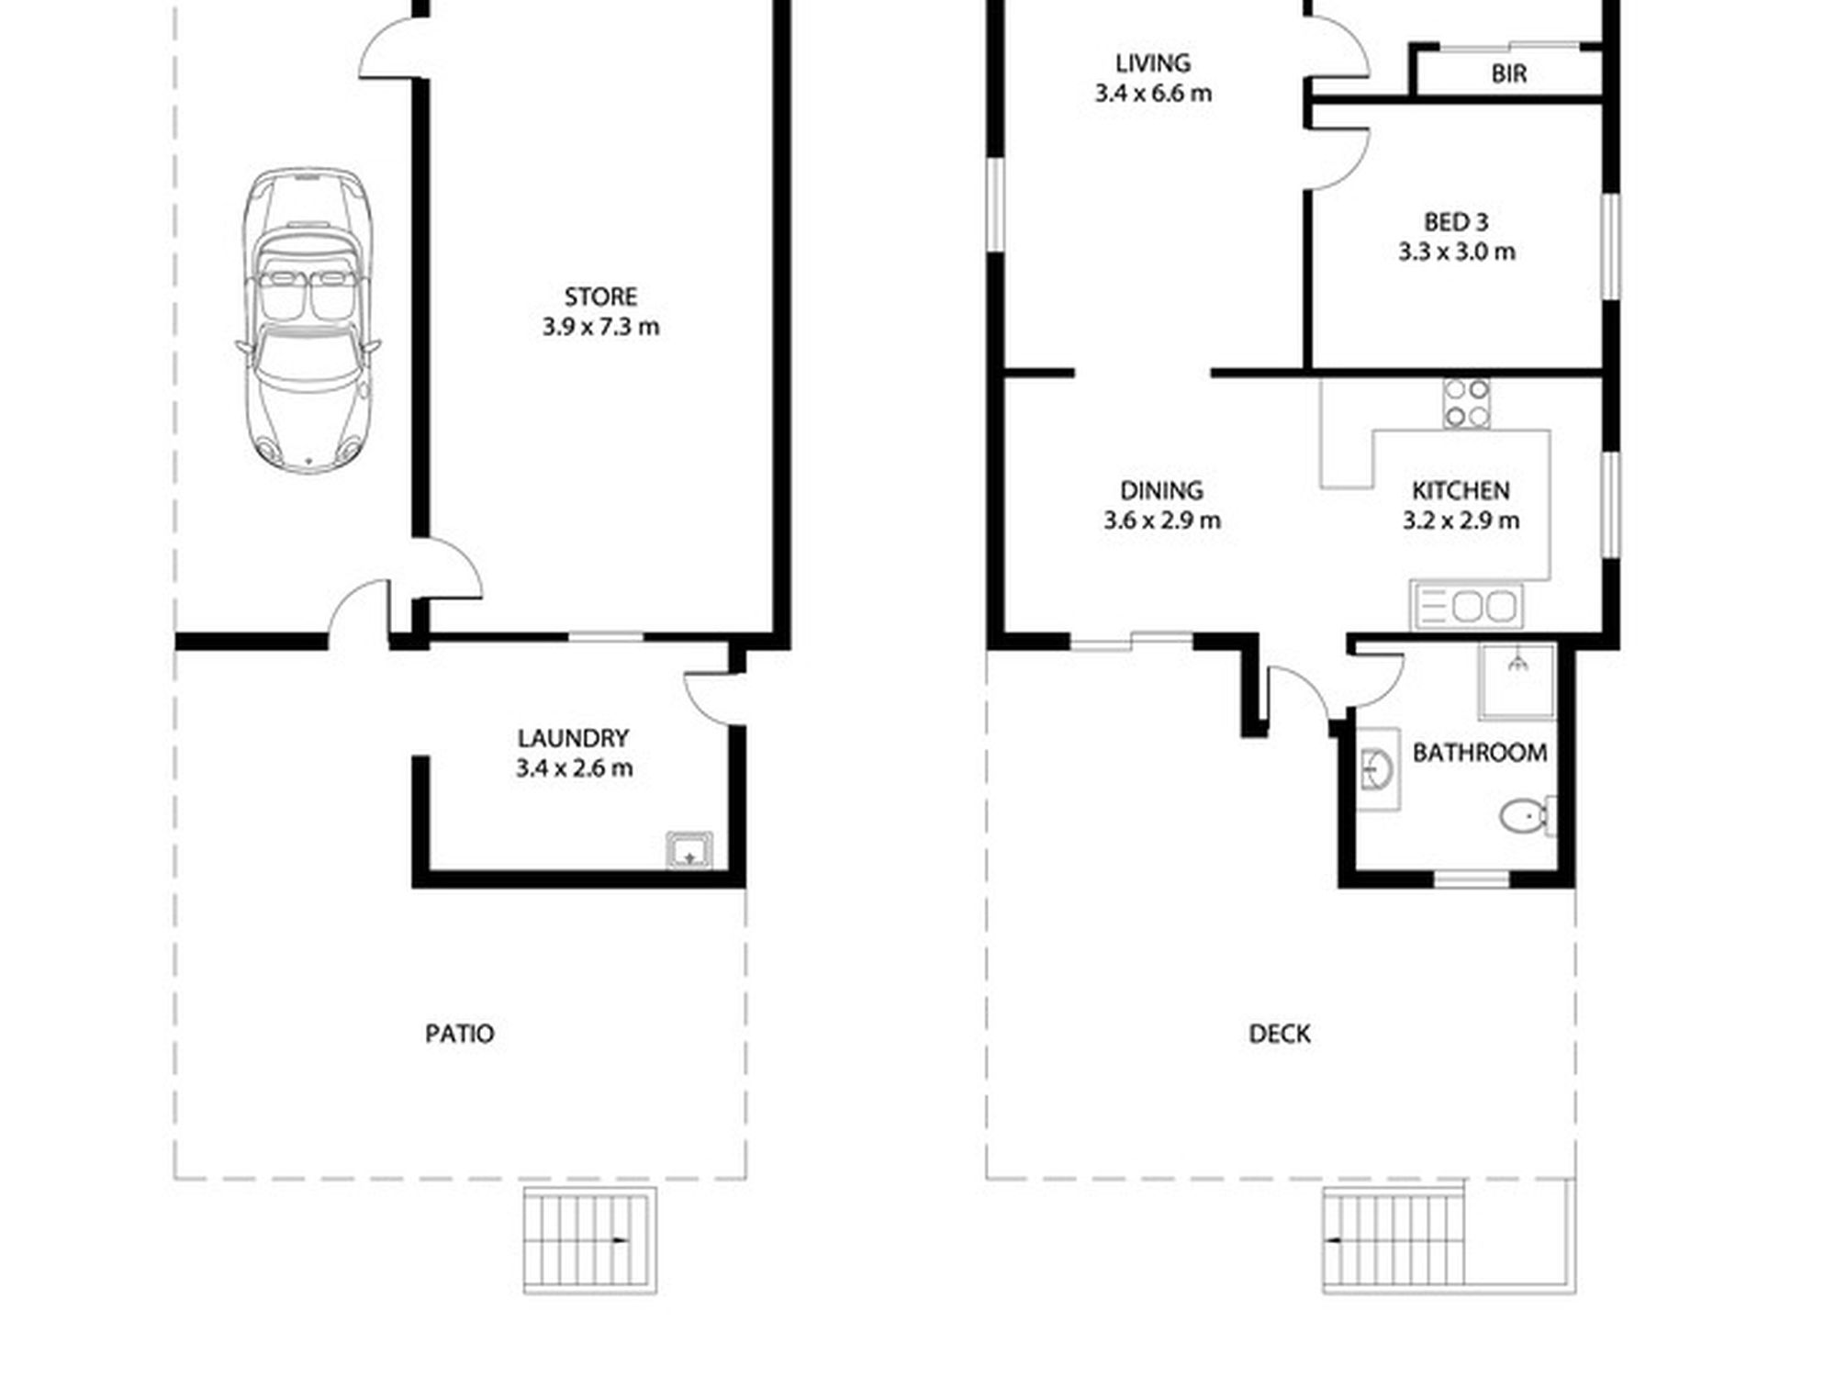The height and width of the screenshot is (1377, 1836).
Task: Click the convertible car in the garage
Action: coord(308,320)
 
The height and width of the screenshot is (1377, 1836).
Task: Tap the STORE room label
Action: coord(600,297)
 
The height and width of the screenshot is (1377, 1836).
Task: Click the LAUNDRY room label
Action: coord(573,738)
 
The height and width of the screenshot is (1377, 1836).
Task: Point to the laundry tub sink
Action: coord(689,850)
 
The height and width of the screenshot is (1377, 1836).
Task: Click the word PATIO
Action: coord(460,1034)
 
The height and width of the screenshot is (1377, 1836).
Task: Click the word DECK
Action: coord(1280,1034)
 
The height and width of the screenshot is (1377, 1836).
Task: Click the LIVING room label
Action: coord(1153,63)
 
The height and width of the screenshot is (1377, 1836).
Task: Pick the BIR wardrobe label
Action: coord(1509,73)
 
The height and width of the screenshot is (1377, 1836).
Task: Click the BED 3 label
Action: coord(1456,222)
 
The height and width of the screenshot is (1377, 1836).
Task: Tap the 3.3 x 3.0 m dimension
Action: coord(1457,252)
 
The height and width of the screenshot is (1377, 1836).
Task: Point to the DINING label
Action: coord(1161,490)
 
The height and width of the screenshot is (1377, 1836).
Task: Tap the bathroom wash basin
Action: coord(1378,769)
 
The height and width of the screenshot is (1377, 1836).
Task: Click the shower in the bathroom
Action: coord(1517,681)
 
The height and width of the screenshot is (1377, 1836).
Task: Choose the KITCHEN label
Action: coord(1461,490)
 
